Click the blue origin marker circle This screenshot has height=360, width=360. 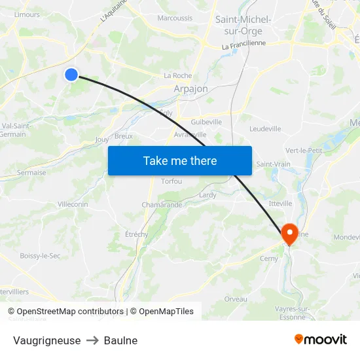[x=71, y=75]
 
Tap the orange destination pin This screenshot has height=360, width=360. [x=290, y=234]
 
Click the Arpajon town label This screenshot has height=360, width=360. [x=190, y=89]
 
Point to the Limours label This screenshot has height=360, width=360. [x=27, y=14]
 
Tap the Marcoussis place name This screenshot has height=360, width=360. [x=175, y=18]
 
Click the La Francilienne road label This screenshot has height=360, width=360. [x=243, y=45]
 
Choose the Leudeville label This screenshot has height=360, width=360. [x=265, y=129]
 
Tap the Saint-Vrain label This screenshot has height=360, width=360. [x=273, y=164]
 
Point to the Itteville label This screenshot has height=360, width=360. [x=280, y=204]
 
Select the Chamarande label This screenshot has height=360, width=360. [x=162, y=205]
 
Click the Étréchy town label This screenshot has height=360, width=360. [x=136, y=234]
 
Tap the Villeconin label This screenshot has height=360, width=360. [x=73, y=204]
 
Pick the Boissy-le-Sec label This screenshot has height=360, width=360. [x=40, y=255]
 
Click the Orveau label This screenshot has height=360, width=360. [x=236, y=299]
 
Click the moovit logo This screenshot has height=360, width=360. [x=320, y=339]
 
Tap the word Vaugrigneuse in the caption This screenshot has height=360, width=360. [x=46, y=340]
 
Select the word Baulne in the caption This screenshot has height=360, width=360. [x=120, y=340]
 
